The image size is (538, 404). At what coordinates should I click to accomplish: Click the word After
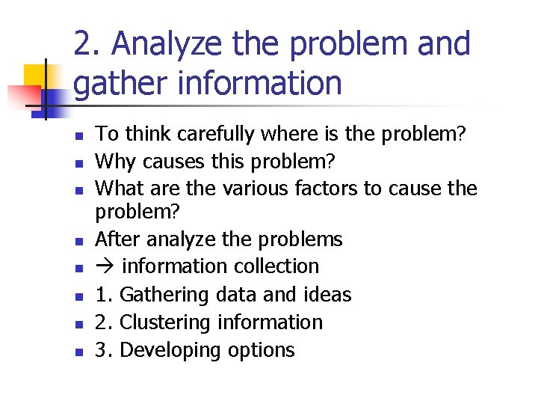119,239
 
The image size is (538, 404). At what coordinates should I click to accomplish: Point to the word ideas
327,295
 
